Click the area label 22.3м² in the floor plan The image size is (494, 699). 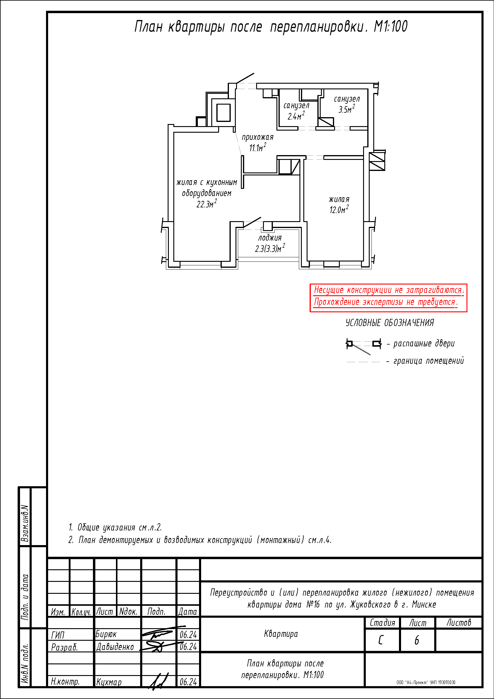207,204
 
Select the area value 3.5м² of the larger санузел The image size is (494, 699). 347,109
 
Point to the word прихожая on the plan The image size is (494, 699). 258,137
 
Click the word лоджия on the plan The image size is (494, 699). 270,238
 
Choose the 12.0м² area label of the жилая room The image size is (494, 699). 339,209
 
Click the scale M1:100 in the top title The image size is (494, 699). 391,27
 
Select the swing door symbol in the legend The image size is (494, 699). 364,346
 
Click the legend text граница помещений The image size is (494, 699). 429,361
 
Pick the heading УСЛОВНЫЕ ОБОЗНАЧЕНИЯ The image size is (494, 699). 390,323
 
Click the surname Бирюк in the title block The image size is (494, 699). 106,634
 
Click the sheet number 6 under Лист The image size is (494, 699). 417,640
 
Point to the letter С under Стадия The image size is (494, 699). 381,640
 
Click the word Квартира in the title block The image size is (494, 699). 281,634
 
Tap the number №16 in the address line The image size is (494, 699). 313,605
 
